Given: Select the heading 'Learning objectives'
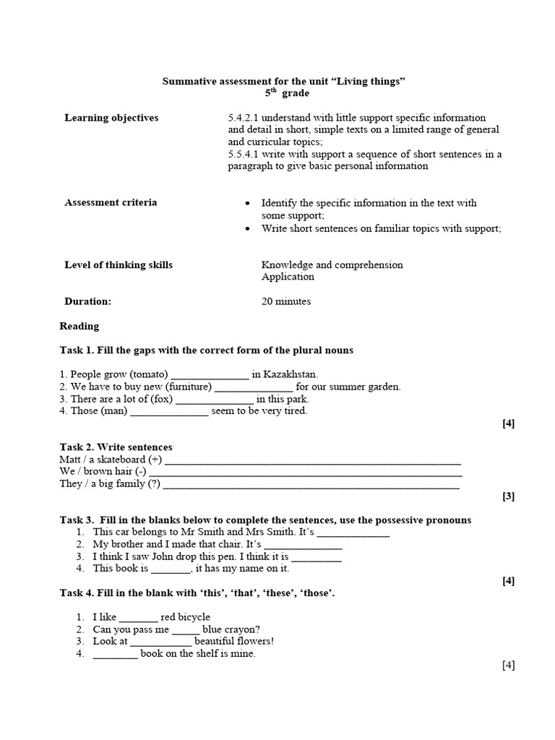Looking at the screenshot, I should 111,118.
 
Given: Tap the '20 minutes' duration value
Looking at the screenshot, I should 286,301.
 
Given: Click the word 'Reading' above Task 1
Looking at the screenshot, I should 79,326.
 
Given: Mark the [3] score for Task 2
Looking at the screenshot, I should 509,496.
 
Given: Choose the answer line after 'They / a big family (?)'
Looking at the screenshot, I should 311,485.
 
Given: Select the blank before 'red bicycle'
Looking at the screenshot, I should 137,618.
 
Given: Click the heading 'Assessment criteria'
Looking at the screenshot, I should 111,202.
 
